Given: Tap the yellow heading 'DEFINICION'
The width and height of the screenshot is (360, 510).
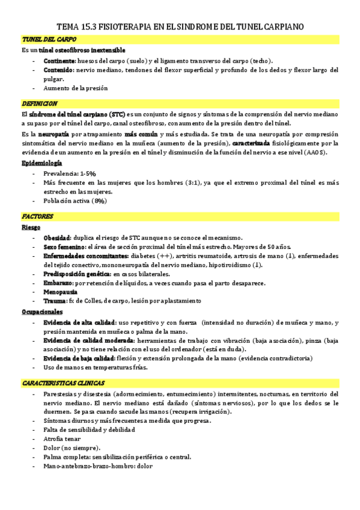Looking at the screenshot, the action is point(39,103).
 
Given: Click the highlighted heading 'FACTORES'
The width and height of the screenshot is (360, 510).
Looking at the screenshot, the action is point(37,216).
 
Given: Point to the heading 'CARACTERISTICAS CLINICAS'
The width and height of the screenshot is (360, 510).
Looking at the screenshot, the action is point(63,382).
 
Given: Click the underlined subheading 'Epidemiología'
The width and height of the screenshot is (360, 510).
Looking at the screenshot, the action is point(41,163).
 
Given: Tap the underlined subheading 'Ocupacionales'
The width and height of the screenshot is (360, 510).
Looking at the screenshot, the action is point(41,312).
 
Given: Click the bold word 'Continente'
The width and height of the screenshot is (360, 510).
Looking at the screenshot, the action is point(59,61).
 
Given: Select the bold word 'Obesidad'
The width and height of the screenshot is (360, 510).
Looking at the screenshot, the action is point(57,238).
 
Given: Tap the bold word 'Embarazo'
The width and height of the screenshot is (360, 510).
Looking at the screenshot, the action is point(58,282).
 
